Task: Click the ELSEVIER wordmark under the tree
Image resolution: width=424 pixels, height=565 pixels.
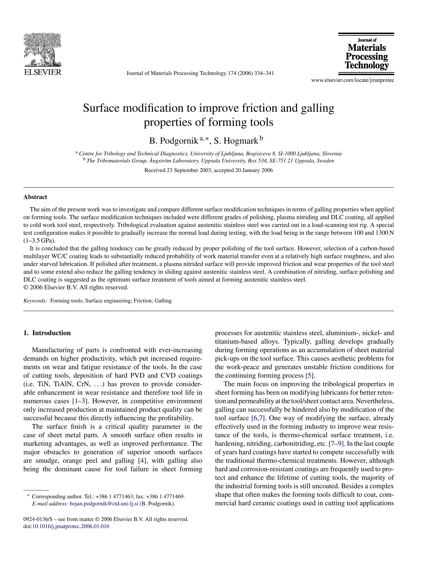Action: [x=42, y=72]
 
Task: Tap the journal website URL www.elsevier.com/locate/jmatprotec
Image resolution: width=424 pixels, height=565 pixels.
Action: [x=353, y=80]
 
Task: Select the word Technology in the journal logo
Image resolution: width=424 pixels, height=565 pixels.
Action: [x=367, y=65]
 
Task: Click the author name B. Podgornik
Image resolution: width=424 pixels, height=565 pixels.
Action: [x=174, y=141]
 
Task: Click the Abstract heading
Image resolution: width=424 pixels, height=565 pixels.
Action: [x=35, y=197]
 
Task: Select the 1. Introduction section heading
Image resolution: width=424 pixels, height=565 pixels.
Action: [x=47, y=333]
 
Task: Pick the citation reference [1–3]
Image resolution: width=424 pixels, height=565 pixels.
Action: [x=80, y=401]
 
